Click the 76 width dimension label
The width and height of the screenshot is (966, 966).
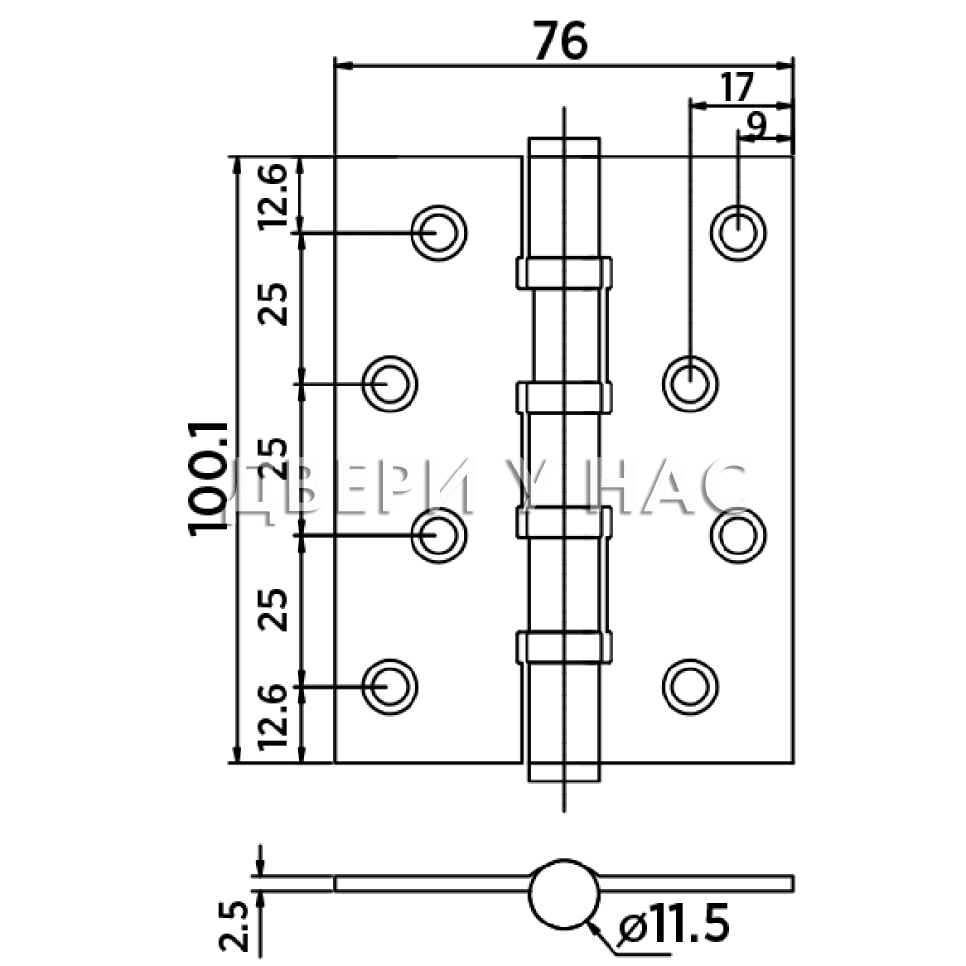point(560,42)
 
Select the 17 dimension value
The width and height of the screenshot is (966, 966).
point(737,88)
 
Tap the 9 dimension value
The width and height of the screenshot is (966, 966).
point(756,126)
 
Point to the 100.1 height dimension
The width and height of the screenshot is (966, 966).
point(209,479)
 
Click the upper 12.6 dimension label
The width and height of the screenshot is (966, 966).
point(271,197)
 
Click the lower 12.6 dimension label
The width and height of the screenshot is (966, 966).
point(271,717)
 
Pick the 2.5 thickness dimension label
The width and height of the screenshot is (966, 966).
point(235,926)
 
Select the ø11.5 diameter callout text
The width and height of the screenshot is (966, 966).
point(673,923)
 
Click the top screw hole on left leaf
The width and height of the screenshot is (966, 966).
point(438,233)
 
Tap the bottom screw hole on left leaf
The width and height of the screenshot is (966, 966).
point(390,687)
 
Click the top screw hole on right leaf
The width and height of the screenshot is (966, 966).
point(738,233)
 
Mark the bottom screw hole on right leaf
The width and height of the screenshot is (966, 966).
point(690,687)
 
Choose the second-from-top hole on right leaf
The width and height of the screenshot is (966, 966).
point(690,384)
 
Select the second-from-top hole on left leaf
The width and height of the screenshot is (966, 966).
point(390,384)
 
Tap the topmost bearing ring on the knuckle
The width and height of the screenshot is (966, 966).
point(564,272)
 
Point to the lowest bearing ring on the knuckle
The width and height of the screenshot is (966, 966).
point(564,646)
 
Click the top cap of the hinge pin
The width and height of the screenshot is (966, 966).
point(564,147)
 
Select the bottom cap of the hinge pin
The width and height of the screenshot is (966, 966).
point(564,772)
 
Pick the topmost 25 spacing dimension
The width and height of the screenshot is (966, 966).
point(271,303)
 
